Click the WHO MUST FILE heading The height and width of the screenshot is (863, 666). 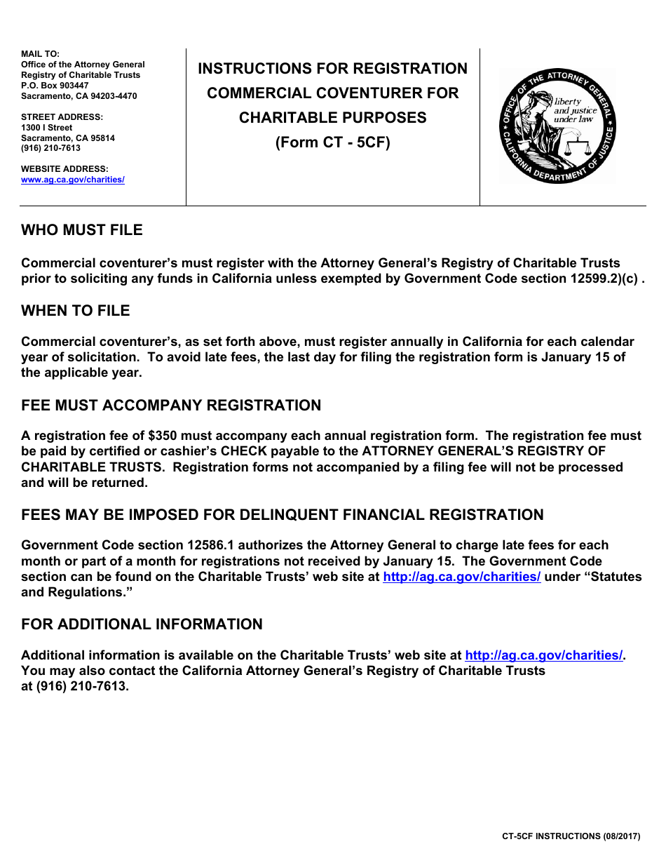click(x=81, y=230)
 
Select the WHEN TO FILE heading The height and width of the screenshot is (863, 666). click(x=76, y=311)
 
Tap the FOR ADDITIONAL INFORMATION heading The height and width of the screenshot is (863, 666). click(x=142, y=624)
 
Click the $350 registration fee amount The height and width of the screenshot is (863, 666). click(x=163, y=436)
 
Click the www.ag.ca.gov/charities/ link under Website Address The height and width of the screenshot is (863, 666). click(x=73, y=180)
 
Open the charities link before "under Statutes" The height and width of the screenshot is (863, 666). click(x=461, y=577)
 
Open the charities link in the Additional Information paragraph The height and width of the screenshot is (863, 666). click(x=543, y=655)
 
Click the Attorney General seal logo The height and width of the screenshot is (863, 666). click(x=557, y=126)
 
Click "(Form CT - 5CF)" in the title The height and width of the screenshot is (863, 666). click(x=332, y=142)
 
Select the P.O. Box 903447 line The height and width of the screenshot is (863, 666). click(x=55, y=86)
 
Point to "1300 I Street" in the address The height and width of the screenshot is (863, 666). click(x=47, y=128)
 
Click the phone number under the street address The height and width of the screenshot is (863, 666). click(x=50, y=148)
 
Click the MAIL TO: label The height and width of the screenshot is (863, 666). click(x=40, y=54)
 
